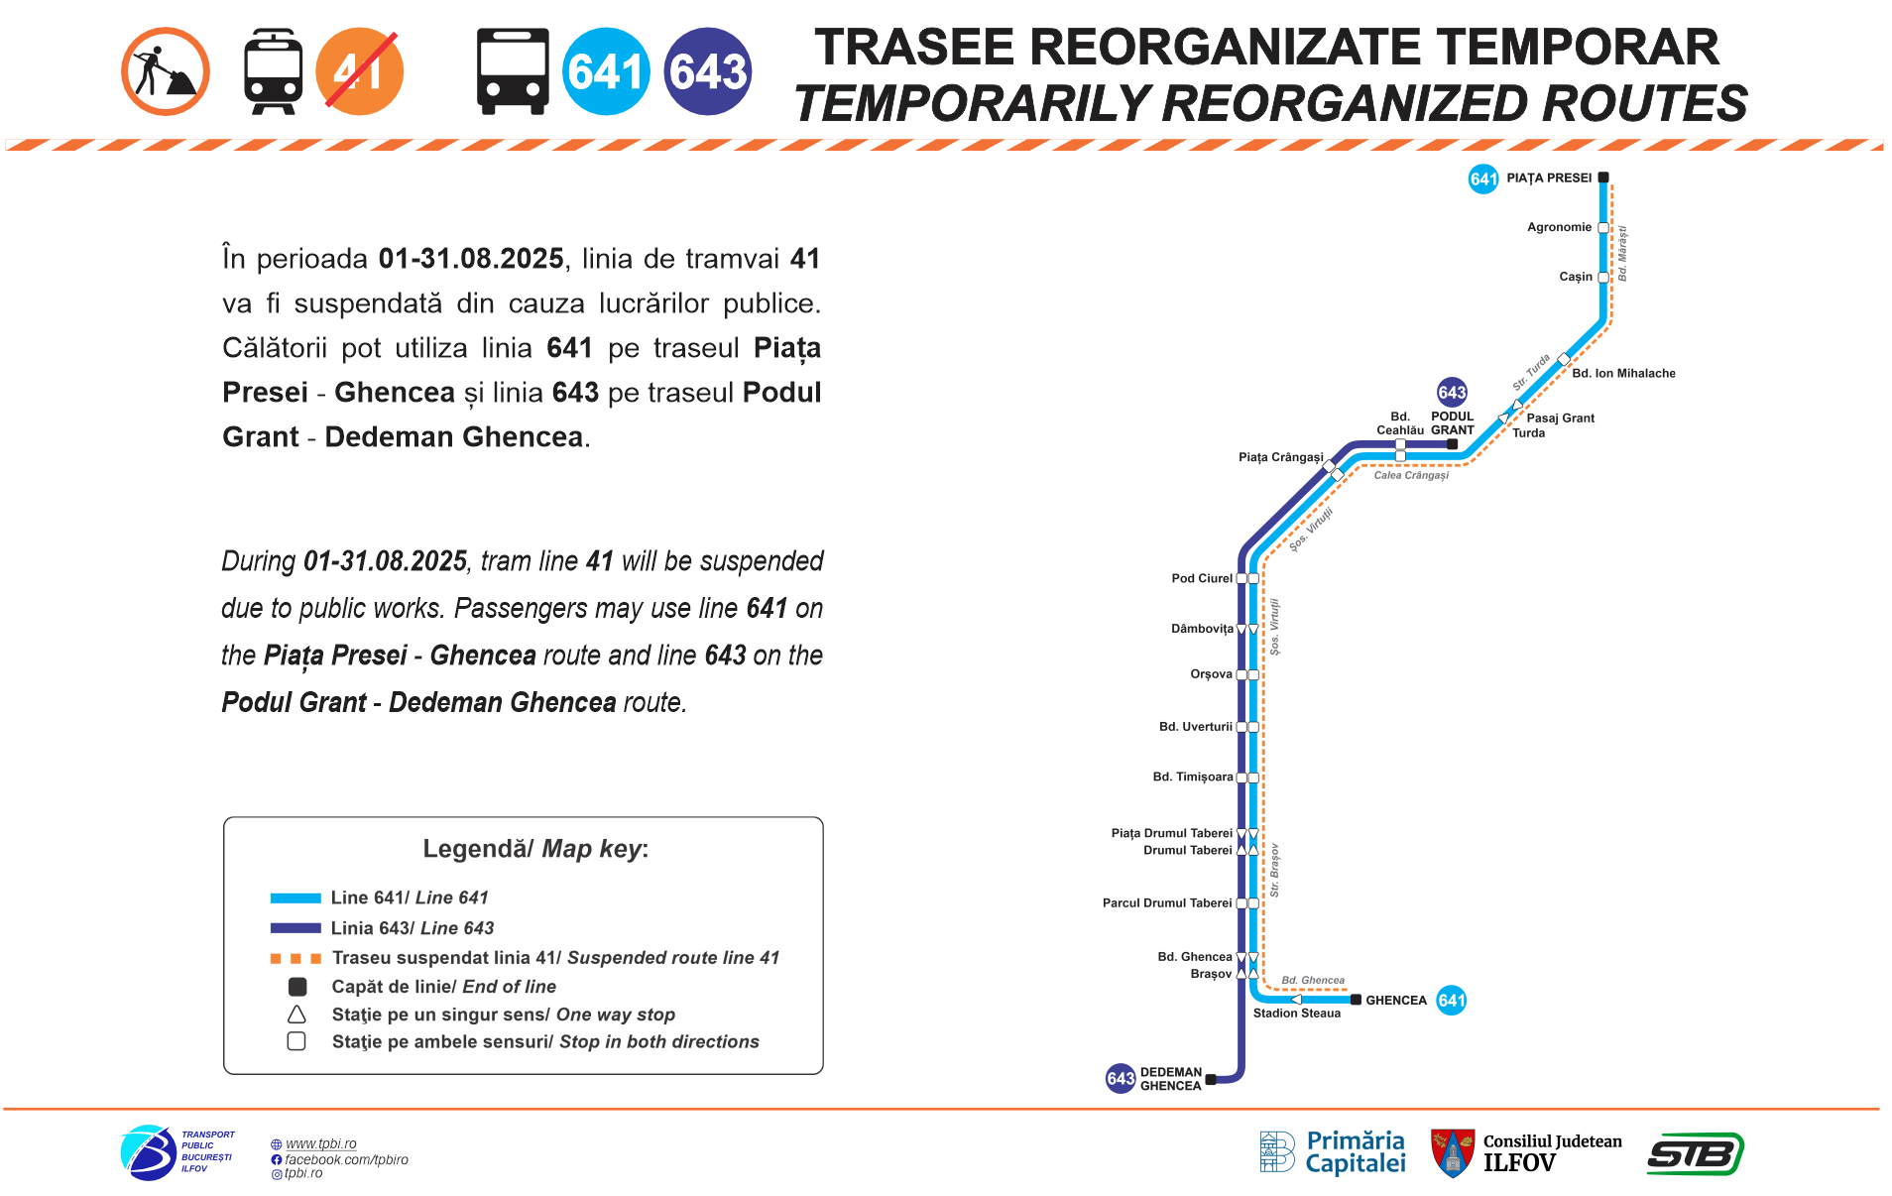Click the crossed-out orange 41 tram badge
pyautogui.click(x=360, y=71)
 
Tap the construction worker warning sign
pyautogui.click(x=166, y=71)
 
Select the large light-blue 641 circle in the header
pyautogui.click(x=606, y=71)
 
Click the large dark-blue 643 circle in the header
pyautogui.click(x=708, y=71)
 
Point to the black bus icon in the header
pyautogui.click(x=513, y=71)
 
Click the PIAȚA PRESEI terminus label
pyautogui.click(x=1549, y=179)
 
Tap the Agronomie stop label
pyautogui.click(x=1559, y=227)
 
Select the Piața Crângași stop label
pyautogui.click(x=1280, y=457)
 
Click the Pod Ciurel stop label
pyautogui.click(x=1202, y=578)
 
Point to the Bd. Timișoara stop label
pyautogui.click(x=1193, y=777)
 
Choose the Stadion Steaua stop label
pyautogui.click(x=1296, y=1014)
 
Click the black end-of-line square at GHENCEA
pyautogui.click(x=1356, y=1000)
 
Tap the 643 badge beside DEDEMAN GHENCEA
pyautogui.click(x=1121, y=1078)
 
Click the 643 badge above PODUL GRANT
pyautogui.click(x=1452, y=392)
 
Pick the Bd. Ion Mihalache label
pyautogui.click(x=1623, y=374)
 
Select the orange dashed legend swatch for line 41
pyautogui.click(x=296, y=958)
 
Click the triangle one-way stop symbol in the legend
pyautogui.click(x=296, y=1015)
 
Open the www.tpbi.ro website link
pyautogui.click(x=320, y=1143)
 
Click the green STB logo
pyautogui.click(x=1695, y=1154)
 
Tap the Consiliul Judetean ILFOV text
pyautogui.click(x=1552, y=1152)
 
